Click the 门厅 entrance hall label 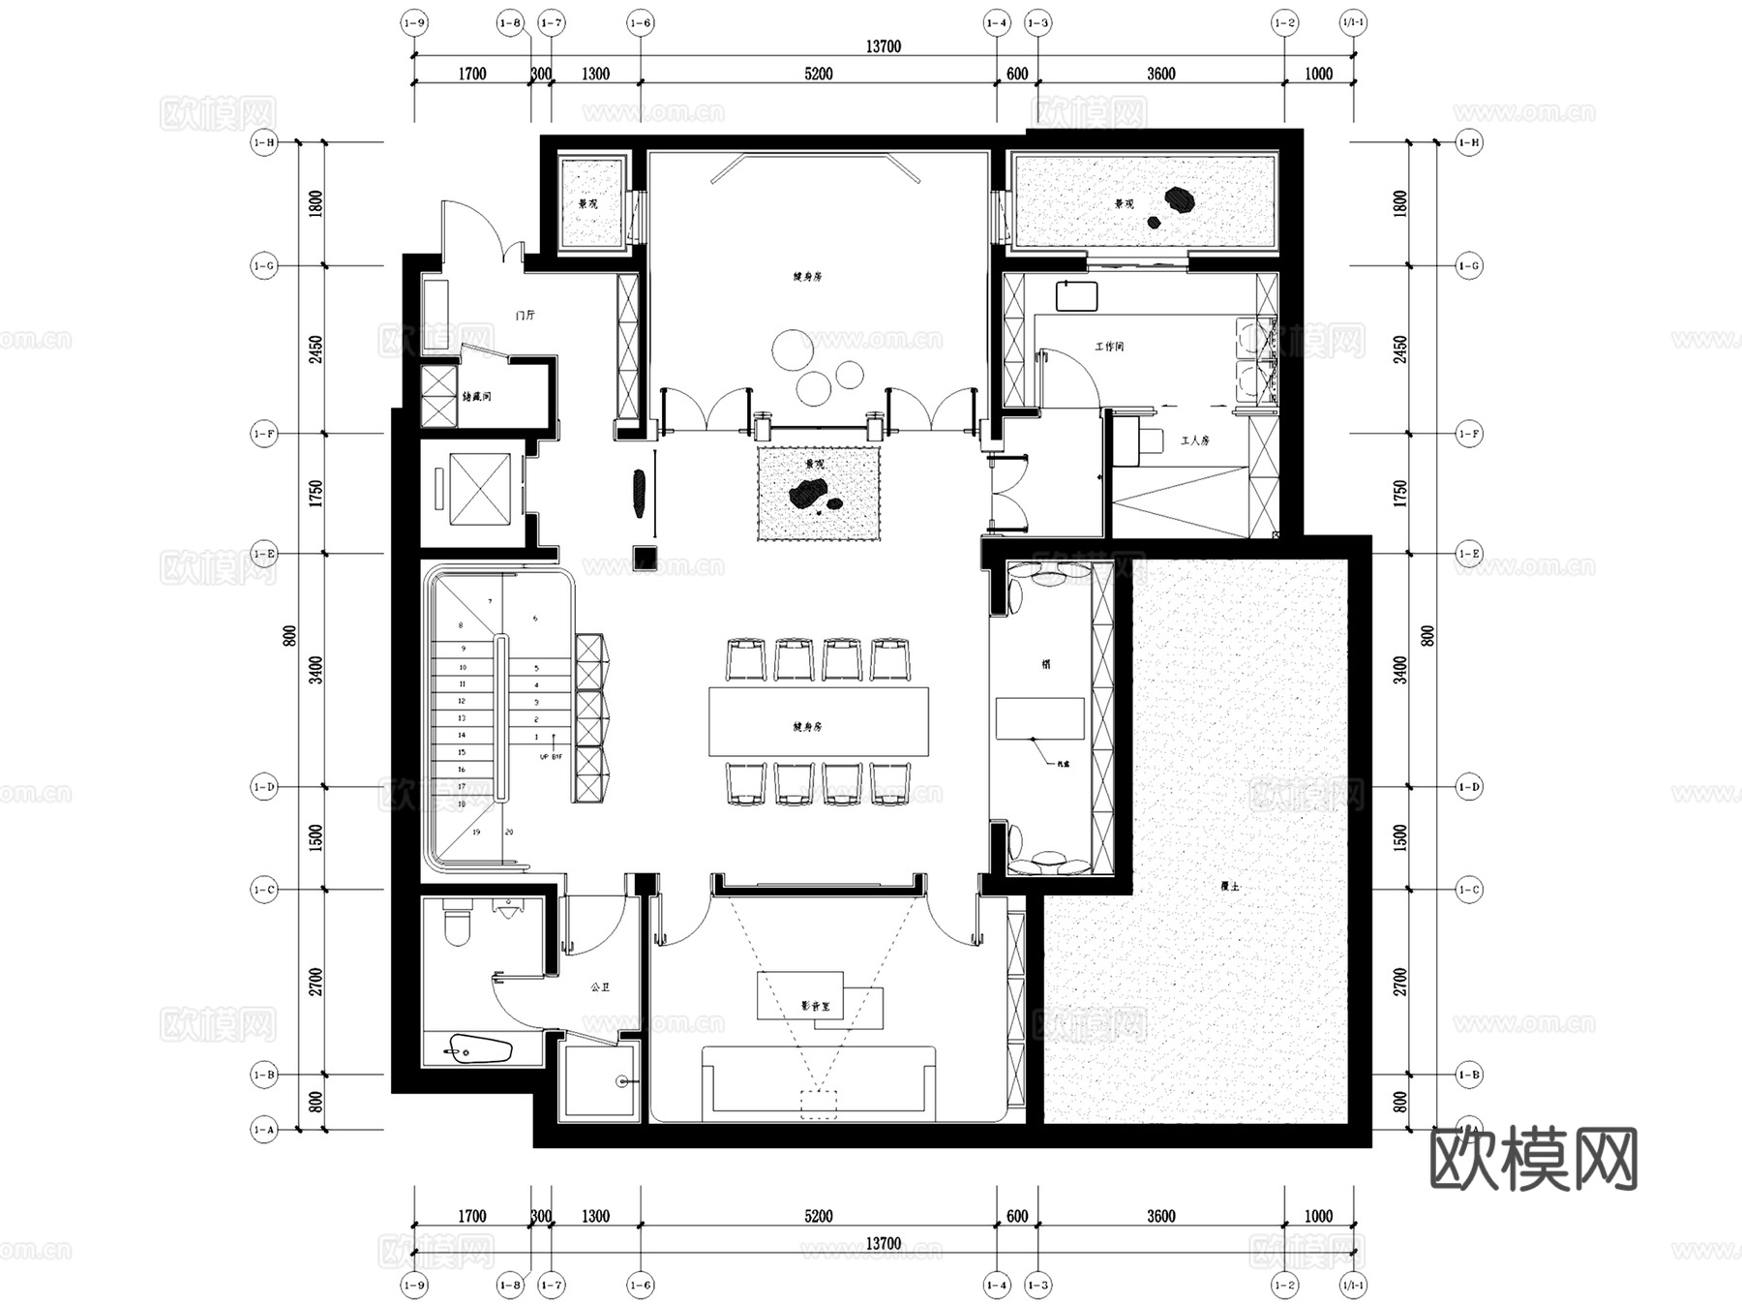tap(526, 316)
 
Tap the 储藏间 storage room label tap(476, 396)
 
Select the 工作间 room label tap(1109, 346)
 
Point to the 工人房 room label tap(1194, 440)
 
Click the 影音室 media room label tap(814, 1007)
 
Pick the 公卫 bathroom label tap(600, 987)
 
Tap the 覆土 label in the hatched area tap(1229, 886)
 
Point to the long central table tap(818, 721)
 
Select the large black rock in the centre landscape tap(805, 496)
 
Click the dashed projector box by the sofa tap(819, 1105)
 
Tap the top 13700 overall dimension tap(883, 46)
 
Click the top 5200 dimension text tap(818, 74)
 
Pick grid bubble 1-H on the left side tap(263, 142)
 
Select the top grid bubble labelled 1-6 tap(641, 22)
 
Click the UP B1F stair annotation tap(550, 756)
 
